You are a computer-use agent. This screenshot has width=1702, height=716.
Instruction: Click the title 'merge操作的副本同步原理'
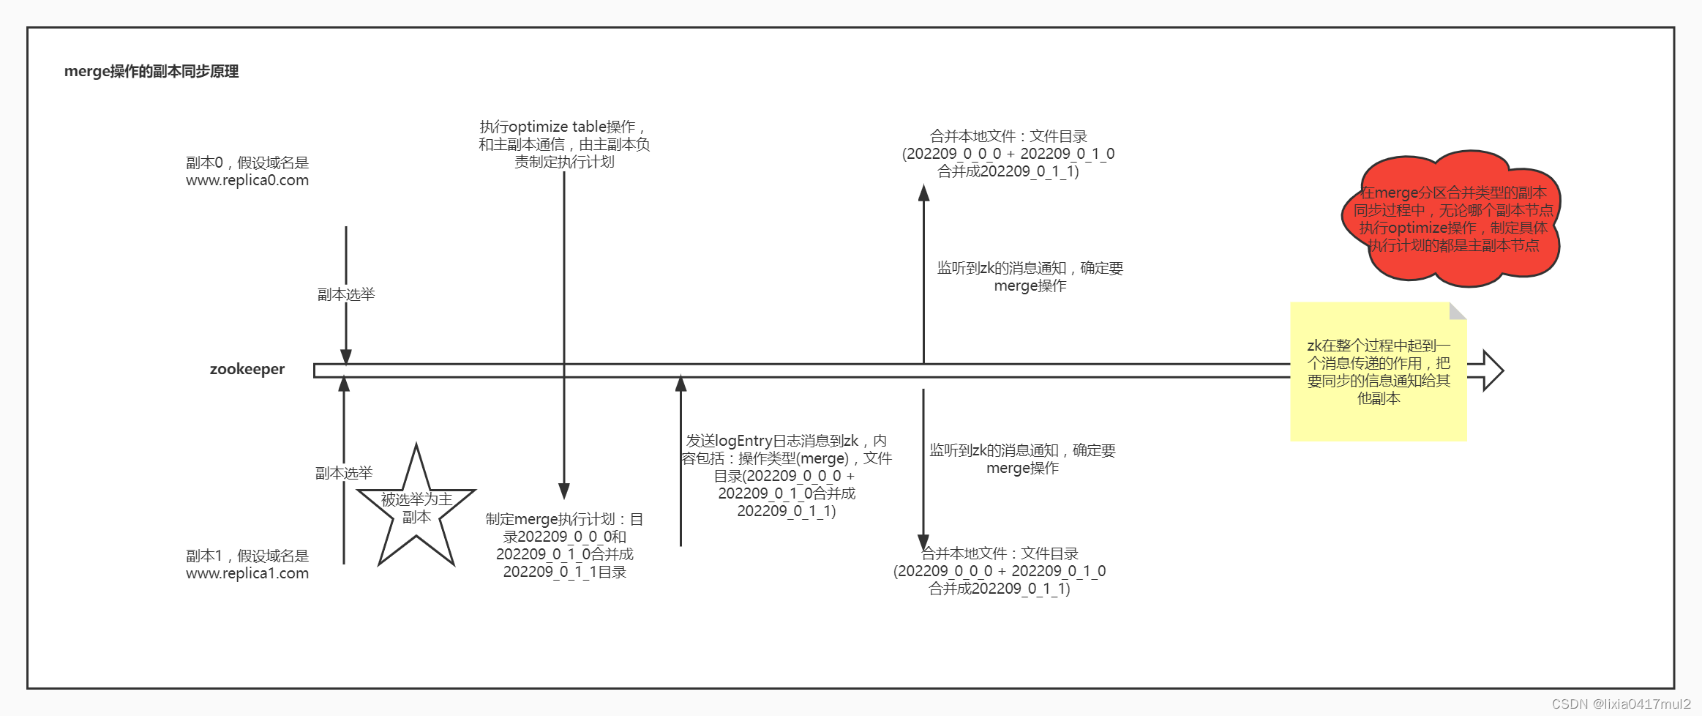(x=151, y=72)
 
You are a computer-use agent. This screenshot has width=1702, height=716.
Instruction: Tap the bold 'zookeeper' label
(x=247, y=369)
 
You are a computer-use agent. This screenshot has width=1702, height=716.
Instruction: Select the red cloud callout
(x=1452, y=219)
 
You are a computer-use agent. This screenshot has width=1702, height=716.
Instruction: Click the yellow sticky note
(x=1378, y=372)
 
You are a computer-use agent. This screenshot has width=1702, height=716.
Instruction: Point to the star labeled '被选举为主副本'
(x=416, y=509)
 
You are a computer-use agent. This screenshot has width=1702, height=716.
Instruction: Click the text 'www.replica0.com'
(x=247, y=180)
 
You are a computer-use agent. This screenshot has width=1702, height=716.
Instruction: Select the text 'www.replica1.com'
(x=247, y=573)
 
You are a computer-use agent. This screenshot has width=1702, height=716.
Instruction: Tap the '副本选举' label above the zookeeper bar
(x=346, y=294)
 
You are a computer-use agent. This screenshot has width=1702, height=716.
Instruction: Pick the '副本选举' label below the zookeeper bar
(x=344, y=473)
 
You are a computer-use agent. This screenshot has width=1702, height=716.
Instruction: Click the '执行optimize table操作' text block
(x=564, y=144)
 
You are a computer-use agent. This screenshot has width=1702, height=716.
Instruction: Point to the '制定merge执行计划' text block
(x=564, y=545)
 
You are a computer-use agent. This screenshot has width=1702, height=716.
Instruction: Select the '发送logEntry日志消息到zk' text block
(x=787, y=476)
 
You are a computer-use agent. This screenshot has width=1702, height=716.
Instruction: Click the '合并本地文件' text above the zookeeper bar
(x=1008, y=154)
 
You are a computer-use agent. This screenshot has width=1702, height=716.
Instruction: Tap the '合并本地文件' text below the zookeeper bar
(x=1000, y=571)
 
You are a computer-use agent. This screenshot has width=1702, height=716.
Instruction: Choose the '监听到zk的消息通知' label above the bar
(x=1030, y=277)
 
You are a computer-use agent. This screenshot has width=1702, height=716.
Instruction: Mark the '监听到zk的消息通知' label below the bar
(x=1022, y=459)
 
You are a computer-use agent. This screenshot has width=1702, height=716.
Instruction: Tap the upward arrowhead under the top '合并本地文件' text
(x=923, y=193)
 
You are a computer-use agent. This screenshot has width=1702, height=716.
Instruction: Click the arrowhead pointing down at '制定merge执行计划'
(x=564, y=491)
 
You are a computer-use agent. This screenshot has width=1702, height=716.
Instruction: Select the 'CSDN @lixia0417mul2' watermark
(x=1621, y=704)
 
